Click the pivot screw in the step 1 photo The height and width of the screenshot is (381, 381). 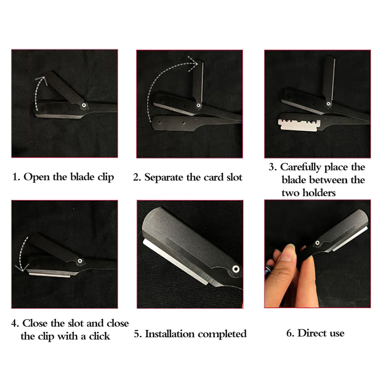(84, 105)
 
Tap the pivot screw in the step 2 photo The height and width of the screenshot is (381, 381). (198, 105)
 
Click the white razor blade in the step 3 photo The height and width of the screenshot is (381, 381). (299, 125)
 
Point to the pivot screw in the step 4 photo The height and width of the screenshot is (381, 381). (80, 261)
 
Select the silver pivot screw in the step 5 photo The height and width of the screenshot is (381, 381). (235, 269)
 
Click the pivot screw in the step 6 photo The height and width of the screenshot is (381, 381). (317, 243)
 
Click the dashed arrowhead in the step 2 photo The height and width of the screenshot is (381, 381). (194, 64)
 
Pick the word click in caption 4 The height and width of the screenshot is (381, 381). (99, 336)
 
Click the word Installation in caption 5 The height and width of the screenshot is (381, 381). (170, 334)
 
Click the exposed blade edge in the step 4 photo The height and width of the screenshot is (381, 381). (49, 275)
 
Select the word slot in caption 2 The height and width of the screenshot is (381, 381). (234, 177)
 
